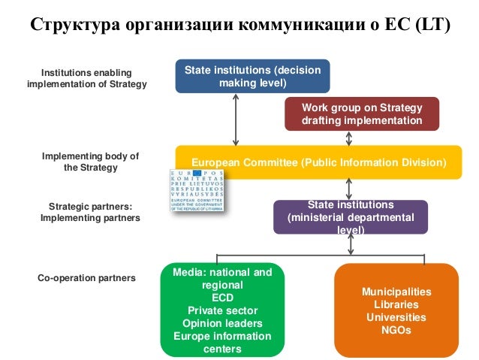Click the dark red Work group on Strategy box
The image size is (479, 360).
[x=361, y=113]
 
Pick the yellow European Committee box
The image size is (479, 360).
[x=318, y=162]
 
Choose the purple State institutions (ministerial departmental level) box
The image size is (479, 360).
[x=350, y=218]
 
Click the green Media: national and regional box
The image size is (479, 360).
[x=222, y=310]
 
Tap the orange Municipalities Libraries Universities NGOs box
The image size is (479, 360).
[x=396, y=310]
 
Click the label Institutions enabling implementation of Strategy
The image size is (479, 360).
[x=86, y=78]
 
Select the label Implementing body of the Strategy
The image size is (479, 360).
[x=90, y=162]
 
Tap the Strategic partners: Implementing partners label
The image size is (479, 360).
[x=90, y=211]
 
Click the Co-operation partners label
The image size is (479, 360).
[x=86, y=277]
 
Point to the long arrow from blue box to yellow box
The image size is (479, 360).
[x=236, y=119]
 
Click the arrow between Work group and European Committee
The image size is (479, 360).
[x=349, y=138]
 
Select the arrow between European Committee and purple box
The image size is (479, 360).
[x=349, y=189]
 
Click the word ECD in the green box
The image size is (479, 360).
[x=222, y=298]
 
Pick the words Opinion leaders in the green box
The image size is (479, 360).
[x=222, y=323]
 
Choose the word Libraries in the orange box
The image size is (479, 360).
[x=396, y=304]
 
